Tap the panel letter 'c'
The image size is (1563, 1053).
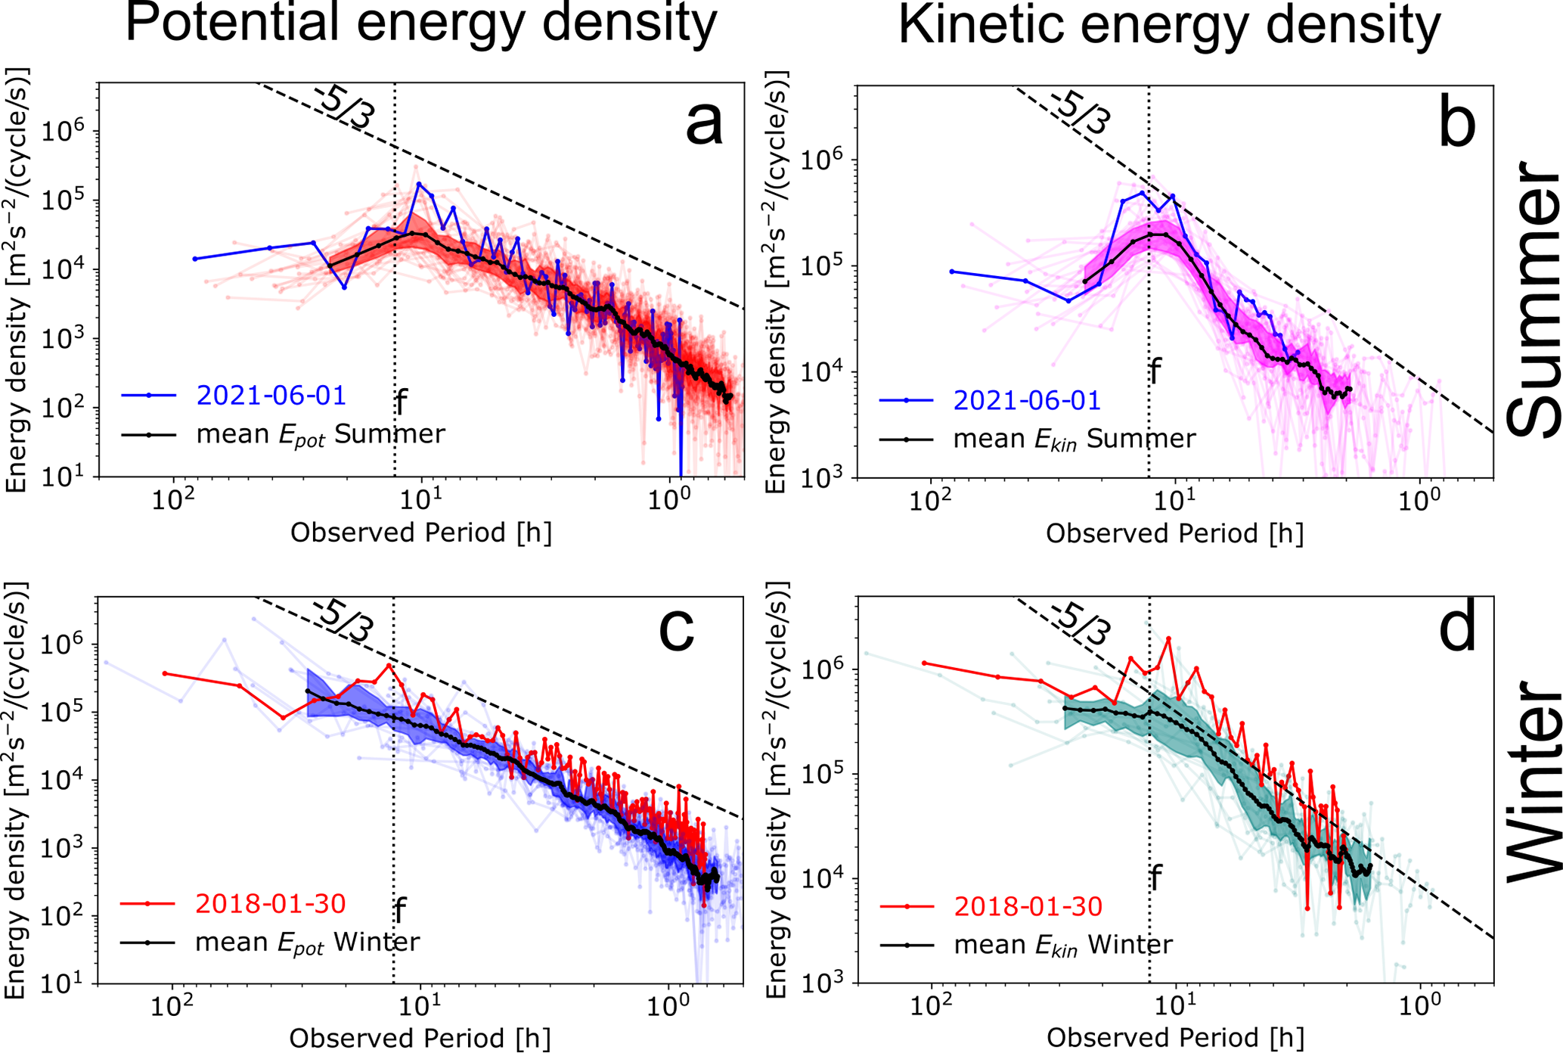(x=677, y=629)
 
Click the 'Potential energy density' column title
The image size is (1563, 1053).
(x=420, y=24)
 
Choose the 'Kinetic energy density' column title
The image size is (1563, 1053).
(x=1169, y=27)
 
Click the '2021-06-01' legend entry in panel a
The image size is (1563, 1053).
(x=271, y=396)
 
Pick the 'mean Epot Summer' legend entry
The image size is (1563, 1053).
(x=321, y=435)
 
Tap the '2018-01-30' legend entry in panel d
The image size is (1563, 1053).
(x=1028, y=906)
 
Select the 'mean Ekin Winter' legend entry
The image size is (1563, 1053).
(x=1063, y=945)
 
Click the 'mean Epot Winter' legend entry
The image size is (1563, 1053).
(x=307, y=943)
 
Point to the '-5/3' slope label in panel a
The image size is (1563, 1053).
(x=344, y=108)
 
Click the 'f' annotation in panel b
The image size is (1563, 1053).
(x=1155, y=372)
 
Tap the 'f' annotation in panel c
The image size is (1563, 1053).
(x=400, y=911)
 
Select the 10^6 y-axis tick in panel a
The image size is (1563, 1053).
(x=63, y=132)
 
